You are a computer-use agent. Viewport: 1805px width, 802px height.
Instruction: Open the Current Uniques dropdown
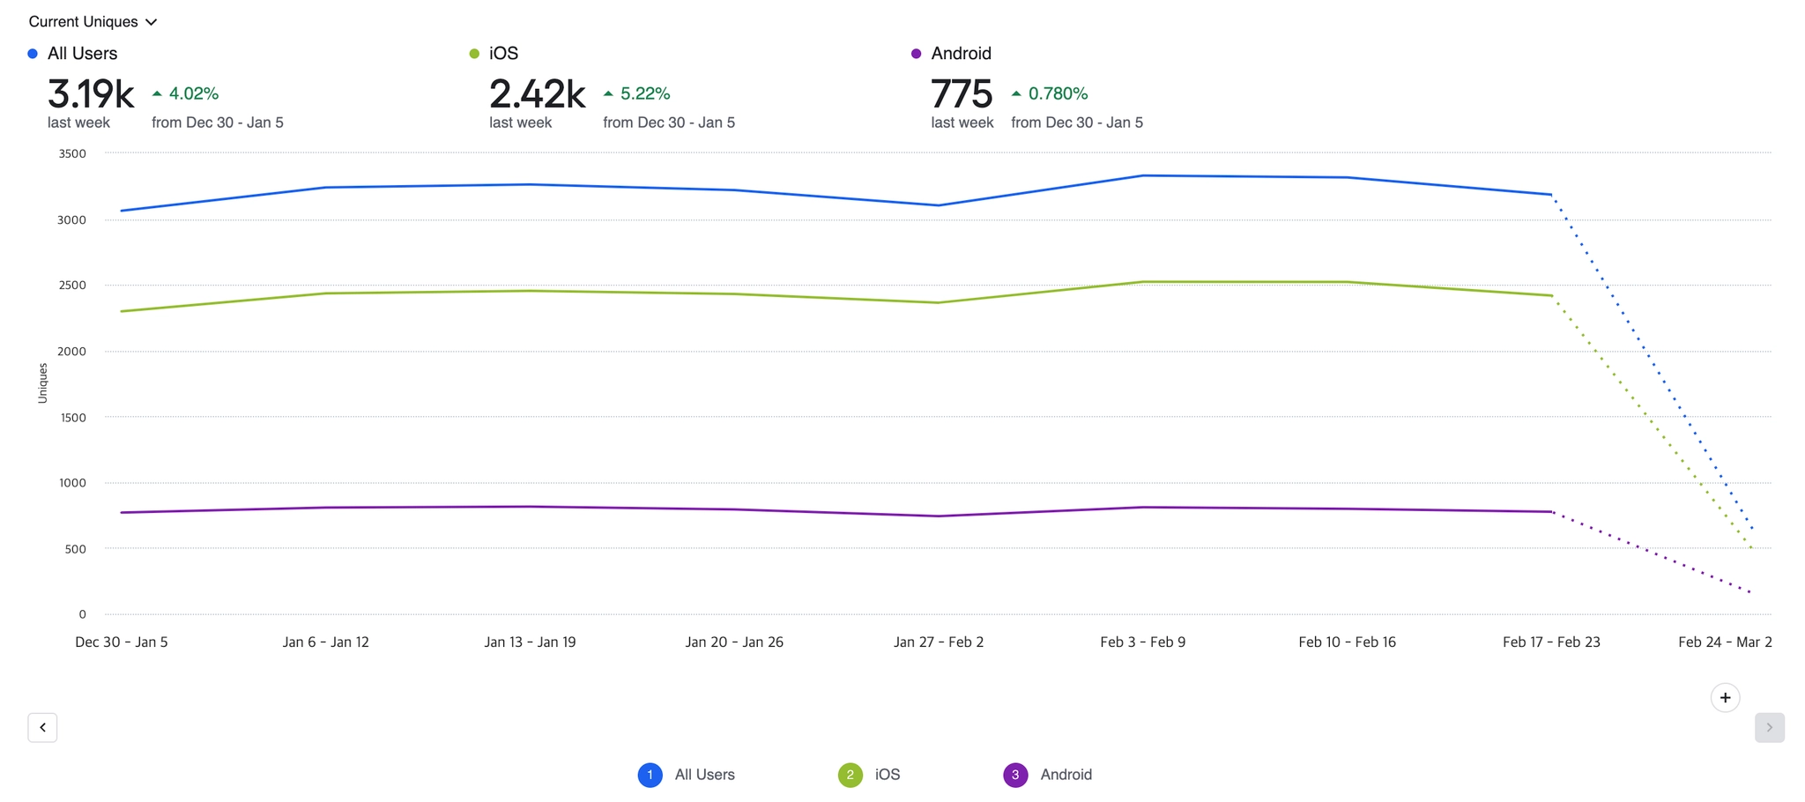coord(93,22)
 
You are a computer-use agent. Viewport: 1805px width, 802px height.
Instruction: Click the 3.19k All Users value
coord(90,94)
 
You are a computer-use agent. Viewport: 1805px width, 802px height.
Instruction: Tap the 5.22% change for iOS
coord(637,93)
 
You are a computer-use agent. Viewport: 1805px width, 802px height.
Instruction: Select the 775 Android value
coord(962,94)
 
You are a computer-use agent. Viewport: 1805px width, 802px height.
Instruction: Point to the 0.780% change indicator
coord(1050,93)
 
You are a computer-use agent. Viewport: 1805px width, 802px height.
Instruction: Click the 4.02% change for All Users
coord(186,93)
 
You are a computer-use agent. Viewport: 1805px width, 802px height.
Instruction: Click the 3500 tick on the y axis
coord(72,154)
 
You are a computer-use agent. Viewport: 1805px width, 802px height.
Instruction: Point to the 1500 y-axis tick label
coord(72,418)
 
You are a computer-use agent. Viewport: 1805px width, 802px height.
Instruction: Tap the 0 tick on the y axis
coord(82,614)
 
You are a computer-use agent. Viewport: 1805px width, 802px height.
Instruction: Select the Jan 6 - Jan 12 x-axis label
coord(326,642)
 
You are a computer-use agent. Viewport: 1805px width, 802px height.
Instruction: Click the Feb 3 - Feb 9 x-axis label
coord(1142,642)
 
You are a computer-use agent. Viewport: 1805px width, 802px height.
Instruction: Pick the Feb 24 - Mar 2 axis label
coord(1725,642)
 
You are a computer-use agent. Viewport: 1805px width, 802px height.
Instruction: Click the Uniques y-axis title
coord(42,383)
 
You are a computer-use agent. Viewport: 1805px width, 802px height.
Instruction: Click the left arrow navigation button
coord(42,728)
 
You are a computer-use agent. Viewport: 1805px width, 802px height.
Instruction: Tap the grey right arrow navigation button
coord(1769,728)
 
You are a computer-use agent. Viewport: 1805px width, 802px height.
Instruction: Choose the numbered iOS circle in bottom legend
coord(851,775)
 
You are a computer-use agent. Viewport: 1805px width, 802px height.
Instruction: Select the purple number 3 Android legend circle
coord(1015,775)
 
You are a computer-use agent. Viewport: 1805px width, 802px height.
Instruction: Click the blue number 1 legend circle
coord(650,775)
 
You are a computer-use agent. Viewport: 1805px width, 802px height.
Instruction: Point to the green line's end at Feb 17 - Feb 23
coord(1551,295)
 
